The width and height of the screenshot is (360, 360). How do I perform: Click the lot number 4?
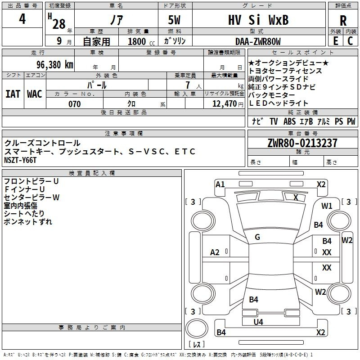coord(22,19)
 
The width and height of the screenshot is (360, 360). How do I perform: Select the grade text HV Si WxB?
coord(258,20)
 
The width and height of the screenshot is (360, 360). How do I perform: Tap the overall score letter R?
coord(343,21)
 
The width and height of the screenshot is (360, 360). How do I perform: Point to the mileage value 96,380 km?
coord(55,65)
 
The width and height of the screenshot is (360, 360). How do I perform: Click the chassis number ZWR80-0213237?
coord(302,143)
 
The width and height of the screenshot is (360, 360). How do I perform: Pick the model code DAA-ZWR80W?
coord(258,41)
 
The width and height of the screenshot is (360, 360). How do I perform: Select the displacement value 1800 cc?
coord(141,42)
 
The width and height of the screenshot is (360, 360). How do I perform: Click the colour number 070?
coord(74,104)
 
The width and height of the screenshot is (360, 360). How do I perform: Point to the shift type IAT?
coord(13,94)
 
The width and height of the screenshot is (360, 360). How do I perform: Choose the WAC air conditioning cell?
coord(35,94)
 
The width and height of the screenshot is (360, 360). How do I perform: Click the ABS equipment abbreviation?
coord(289,121)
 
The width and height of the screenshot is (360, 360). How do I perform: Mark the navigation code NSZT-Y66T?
coord(20,160)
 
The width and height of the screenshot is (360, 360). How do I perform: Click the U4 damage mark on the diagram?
coord(258,322)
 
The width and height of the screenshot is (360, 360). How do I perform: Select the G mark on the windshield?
coord(257,237)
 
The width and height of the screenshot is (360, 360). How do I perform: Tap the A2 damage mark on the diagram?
coord(215,252)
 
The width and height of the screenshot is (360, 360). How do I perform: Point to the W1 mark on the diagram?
coord(327,206)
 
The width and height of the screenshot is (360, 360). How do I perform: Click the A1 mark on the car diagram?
coord(220,184)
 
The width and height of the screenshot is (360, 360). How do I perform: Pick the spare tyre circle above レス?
coord(197,328)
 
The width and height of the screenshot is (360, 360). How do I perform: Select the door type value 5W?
coord(174,20)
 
